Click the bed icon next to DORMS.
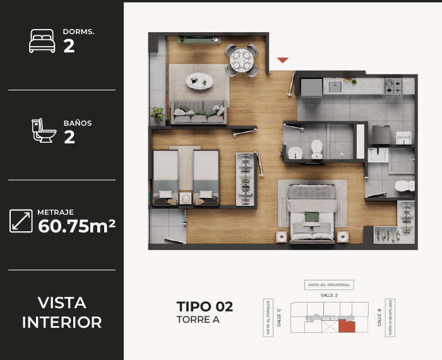click(42, 42)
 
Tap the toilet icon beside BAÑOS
click(43, 131)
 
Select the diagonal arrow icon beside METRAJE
click(21, 220)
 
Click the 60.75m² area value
click(76, 225)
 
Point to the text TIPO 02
click(205, 307)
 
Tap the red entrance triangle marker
click(283, 60)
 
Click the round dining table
click(241, 61)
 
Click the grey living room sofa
click(200, 113)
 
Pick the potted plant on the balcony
click(157, 114)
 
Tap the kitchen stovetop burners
click(393, 87)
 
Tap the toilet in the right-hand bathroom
click(402, 186)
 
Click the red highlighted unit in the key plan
click(346, 326)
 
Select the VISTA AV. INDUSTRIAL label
click(328, 285)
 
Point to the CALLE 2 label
click(328, 295)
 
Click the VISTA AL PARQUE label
click(268, 318)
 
